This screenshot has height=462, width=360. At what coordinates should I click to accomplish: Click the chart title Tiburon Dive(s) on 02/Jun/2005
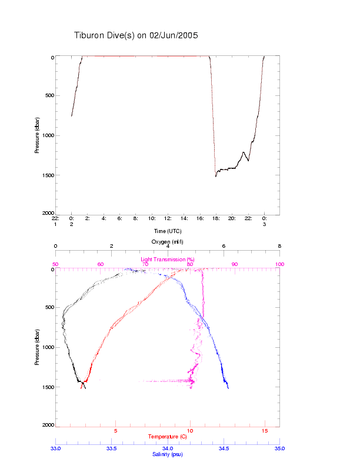(x=136, y=35)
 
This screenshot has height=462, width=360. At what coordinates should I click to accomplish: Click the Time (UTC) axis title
(x=167, y=231)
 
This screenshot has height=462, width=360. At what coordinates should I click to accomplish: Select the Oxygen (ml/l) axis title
(x=168, y=242)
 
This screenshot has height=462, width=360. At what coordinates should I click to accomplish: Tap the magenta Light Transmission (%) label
(x=168, y=260)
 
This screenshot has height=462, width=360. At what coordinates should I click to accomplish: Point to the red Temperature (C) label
(x=167, y=437)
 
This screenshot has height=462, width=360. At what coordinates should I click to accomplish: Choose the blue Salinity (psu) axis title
(x=168, y=454)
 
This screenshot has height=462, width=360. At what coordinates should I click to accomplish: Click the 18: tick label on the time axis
(x=216, y=218)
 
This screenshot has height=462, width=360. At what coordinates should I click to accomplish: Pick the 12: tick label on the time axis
(x=168, y=218)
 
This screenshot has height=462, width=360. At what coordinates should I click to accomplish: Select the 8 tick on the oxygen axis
(x=279, y=247)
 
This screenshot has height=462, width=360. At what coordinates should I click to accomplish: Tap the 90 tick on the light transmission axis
(x=235, y=264)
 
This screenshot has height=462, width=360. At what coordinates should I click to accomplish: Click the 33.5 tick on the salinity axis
(x=111, y=448)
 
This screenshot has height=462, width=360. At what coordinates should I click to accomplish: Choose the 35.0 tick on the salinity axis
(x=279, y=448)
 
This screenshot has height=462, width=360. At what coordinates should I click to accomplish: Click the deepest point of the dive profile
(x=216, y=176)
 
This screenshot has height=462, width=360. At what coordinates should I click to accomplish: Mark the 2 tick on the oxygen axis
(x=111, y=247)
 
